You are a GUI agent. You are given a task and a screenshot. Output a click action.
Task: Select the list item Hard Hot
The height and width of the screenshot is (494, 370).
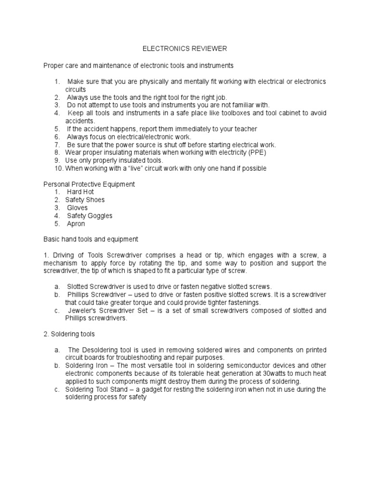[x=80, y=192]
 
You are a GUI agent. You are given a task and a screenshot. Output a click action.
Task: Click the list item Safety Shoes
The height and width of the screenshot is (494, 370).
[x=85, y=200]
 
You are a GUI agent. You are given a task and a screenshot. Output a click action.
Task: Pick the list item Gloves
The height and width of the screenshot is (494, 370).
[x=78, y=208]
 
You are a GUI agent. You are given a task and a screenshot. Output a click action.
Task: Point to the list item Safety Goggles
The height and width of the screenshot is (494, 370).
[x=90, y=216]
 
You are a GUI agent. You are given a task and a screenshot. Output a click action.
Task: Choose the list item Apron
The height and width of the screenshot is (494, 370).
[x=76, y=224]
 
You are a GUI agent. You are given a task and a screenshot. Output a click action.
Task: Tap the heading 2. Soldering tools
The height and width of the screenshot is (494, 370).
[x=69, y=333]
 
